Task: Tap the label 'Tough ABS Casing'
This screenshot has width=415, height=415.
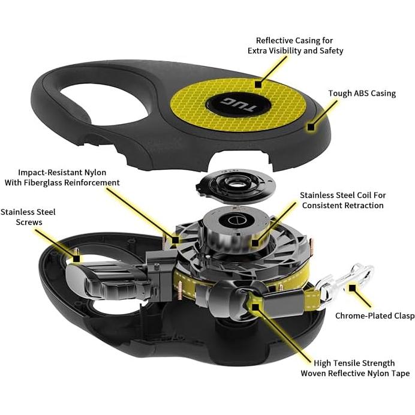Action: (362, 94)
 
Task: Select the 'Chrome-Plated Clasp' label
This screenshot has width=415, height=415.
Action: (375, 316)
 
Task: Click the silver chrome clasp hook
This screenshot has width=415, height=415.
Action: (347, 281)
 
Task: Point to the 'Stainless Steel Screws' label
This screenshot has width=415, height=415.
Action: (28, 217)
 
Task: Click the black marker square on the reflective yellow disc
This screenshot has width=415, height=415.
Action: (258, 85)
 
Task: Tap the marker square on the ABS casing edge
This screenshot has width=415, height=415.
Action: (311, 127)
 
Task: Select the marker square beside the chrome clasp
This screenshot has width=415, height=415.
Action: (352, 288)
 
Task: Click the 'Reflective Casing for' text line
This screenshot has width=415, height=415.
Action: (294, 41)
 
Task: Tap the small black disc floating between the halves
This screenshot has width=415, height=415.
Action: (236, 185)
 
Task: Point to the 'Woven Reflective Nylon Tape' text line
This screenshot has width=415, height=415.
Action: (355, 374)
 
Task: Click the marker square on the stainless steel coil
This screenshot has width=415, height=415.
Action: (255, 242)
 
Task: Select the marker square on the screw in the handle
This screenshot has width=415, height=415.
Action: (76, 258)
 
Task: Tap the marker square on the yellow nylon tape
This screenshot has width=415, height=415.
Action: (255, 307)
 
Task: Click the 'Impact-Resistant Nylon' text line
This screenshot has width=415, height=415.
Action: (62, 173)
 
